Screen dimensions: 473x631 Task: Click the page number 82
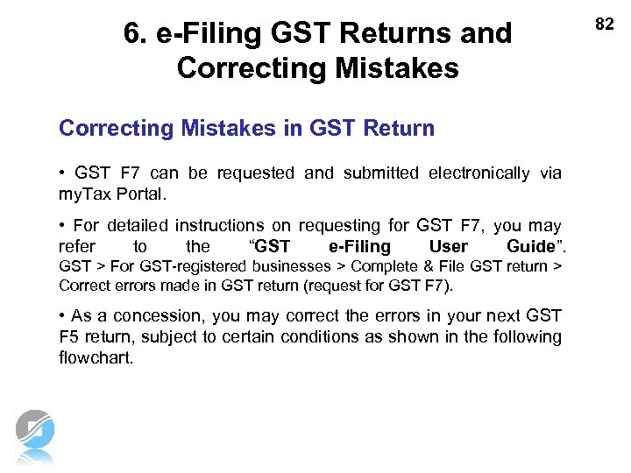click(x=605, y=25)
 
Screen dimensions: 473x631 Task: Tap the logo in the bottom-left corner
click(x=35, y=435)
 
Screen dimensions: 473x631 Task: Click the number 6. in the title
click(x=136, y=33)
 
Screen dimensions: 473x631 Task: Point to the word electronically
click(x=479, y=173)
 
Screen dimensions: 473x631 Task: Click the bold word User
click(x=449, y=246)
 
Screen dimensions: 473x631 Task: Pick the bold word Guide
click(x=531, y=246)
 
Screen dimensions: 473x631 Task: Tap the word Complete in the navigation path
click(x=379, y=266)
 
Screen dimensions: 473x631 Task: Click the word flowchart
click(x=96, y=357)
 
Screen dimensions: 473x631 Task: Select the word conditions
click(x=319, y=336)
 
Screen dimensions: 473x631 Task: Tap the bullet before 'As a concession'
click(x=62, y=315)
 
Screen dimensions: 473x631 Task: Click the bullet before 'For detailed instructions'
click(x=62, y=226)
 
